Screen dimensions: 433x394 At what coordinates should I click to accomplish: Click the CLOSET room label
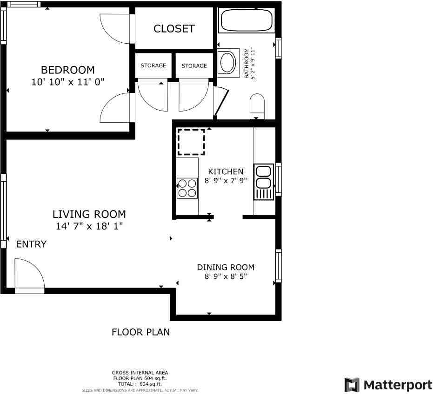click(174, 29)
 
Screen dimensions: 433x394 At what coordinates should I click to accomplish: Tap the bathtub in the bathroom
click(246, 20)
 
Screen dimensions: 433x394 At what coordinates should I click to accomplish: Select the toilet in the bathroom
click(257, 106)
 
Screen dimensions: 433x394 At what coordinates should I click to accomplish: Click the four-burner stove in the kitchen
click(187, 188)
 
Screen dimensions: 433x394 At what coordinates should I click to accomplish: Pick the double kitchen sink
click(264, 182)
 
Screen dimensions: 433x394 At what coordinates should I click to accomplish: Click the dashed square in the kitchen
click(191, 142)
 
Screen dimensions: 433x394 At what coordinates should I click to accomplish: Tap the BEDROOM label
click(67, 70)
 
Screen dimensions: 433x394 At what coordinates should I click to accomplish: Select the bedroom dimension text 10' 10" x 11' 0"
click(68, 82)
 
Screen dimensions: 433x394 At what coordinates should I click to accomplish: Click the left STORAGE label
click(153, 66)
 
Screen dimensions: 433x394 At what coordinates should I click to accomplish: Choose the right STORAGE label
click(194, 66)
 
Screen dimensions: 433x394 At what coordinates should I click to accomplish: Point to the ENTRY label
click(31, 244)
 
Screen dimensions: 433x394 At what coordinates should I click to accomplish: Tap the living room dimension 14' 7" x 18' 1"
click(89, 226)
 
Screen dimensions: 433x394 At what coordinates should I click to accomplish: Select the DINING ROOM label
click(226, 267)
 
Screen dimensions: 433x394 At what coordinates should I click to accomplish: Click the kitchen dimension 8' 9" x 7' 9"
click(226, 181)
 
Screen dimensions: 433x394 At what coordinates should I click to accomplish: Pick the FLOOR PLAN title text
click(140, 332)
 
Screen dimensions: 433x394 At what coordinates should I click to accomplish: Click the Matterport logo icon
click(352, 385)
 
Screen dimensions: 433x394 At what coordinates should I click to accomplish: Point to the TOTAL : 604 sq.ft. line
click(140, 384)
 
